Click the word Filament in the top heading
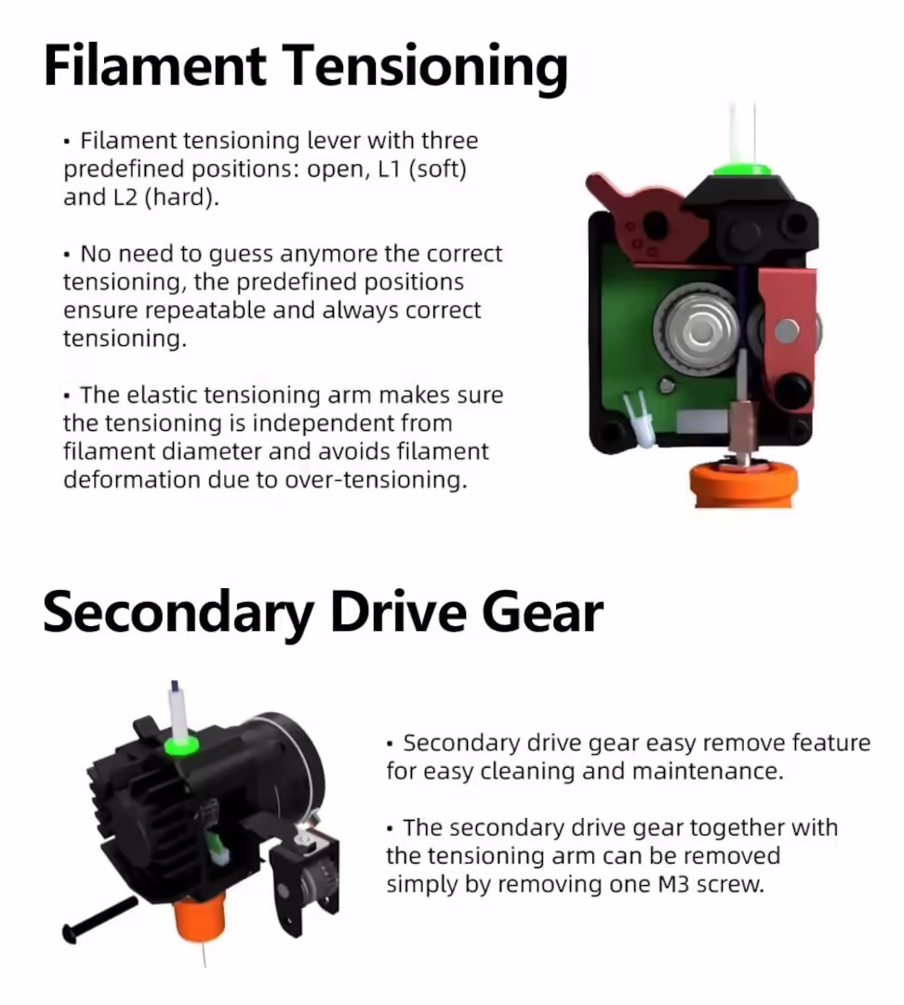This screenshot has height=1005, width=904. click(x=154, y=65)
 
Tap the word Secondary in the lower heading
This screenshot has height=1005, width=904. click(x=178, y=613)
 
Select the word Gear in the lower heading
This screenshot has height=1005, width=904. click(x=542, y=612)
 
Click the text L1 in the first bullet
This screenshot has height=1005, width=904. click(x=388, y=168)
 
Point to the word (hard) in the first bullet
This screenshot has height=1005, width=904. click(x=182, y=197)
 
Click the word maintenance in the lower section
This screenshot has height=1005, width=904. click(x=708, y=771)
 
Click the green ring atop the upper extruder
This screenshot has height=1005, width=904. click(x=742, y=170)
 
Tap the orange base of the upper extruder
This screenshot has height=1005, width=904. click(x=743, y=485)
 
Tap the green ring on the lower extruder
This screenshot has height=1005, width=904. click(x=181, y=746)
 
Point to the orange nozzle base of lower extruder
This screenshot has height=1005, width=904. click(x=200, y=919)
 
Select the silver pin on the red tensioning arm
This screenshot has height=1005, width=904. click(x=787, y=330)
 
